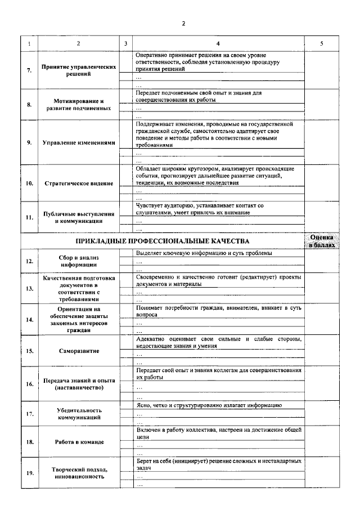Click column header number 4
click(218, 43)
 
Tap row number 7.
click(29, 70)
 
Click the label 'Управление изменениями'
click(79, 142)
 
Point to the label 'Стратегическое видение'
click(79, 184)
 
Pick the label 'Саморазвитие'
click(79, 351)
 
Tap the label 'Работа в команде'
click(79, 442)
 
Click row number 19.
click(29, 472)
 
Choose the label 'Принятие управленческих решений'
click(79, 70)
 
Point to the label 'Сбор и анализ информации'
click(79, 261)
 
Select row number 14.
click(29, 319)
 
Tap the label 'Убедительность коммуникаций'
click(79, 414)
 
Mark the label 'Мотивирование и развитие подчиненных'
click(79, 105)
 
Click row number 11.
click(29, 217)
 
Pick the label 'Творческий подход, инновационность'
click(79, 472)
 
